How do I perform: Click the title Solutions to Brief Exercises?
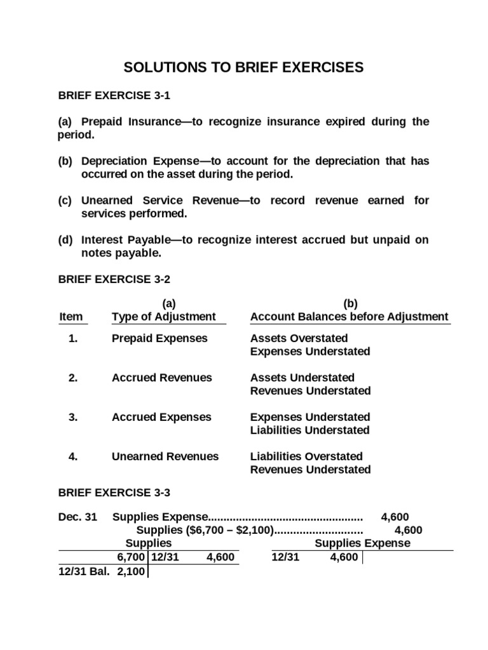point(243,68)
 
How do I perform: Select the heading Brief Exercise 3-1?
point(114,96)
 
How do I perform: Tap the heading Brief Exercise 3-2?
point(114,279)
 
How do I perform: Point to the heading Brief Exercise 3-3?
point(114,492)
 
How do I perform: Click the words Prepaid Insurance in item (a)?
point(125,121)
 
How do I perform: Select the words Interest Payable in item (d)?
point(119,239)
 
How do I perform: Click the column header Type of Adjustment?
point(164,317)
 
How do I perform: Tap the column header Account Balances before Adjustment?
point(349,317)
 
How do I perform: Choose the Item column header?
point(71,317)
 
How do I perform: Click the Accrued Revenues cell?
point(161,378)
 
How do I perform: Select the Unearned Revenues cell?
point(165,456)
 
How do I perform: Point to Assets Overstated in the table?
point(299,338)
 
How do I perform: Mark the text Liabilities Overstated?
point(306,456)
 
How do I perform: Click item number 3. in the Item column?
point(73,417)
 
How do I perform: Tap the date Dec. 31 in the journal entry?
point(78,517)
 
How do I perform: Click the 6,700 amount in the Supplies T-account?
point(131,557)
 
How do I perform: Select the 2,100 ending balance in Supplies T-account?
point(131,571)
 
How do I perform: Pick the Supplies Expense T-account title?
point(362,543)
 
